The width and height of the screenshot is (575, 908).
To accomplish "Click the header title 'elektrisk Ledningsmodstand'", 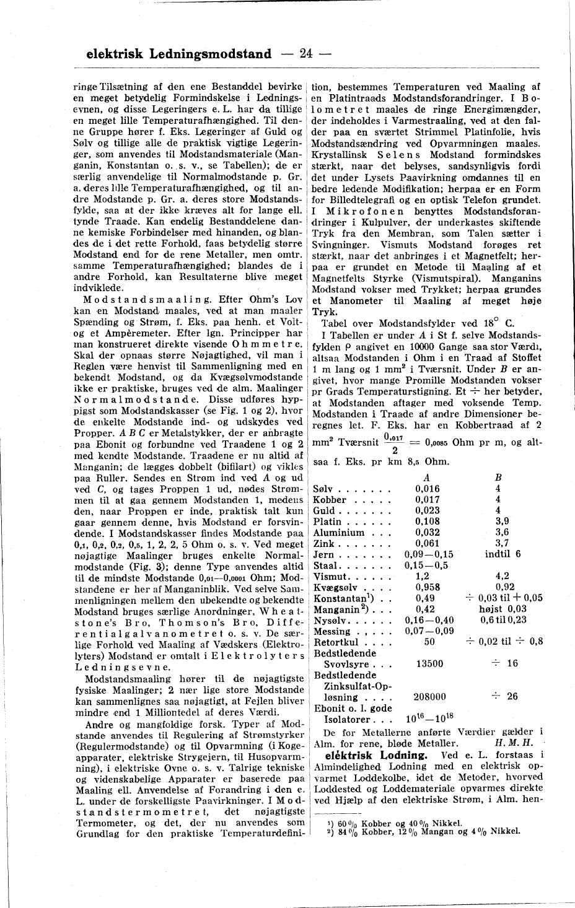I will (179, 54).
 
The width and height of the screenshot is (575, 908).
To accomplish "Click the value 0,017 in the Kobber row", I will (428, 500).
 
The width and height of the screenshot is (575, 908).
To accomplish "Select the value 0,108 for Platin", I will (428, 522).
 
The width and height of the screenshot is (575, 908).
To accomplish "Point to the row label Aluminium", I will (339, 533).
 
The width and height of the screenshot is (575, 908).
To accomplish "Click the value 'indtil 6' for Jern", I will (503, 554).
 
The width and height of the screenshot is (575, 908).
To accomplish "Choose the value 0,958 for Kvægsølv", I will (428, 587).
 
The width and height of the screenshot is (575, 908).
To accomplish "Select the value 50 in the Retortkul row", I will (428, 642).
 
